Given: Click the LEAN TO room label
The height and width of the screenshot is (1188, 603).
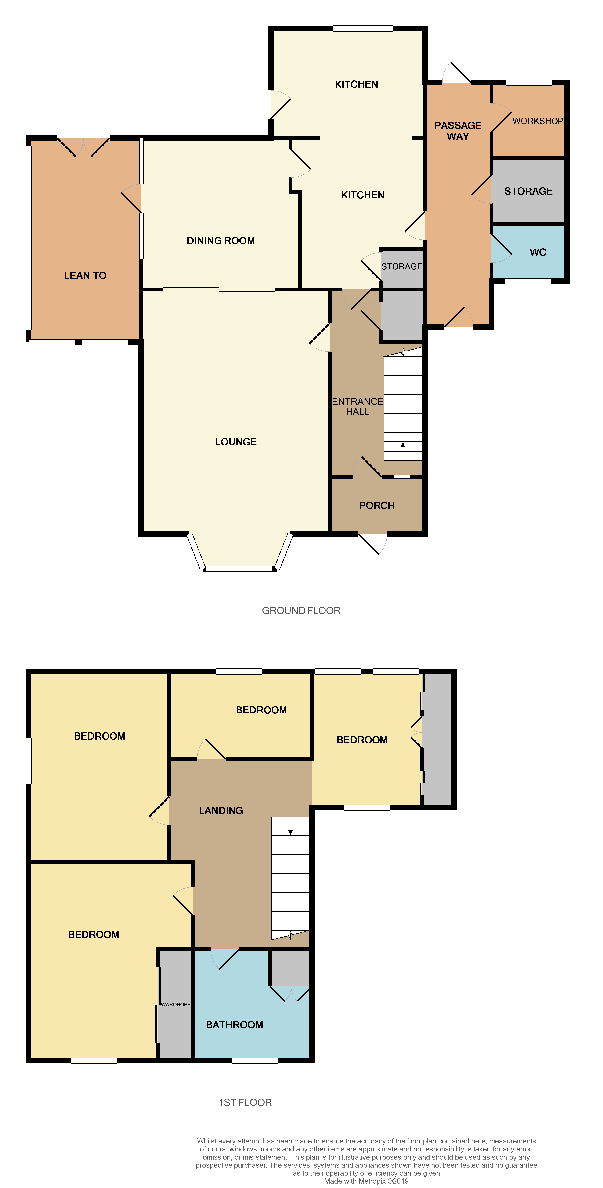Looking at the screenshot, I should (85, 275).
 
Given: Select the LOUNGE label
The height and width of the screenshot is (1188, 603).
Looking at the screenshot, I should (236, 442).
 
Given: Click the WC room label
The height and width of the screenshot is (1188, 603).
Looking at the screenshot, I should (538, 252).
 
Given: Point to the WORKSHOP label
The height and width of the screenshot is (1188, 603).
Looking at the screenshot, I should (538, 121).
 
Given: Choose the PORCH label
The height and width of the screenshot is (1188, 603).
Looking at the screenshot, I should (376, 505).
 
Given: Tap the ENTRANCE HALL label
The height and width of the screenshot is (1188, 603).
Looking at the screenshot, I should (358, 406).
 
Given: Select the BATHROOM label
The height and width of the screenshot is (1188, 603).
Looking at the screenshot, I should (234, 1025).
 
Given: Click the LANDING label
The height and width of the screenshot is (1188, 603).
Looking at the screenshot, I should (221, 810).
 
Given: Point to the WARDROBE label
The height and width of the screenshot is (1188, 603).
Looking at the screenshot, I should (175, 1004).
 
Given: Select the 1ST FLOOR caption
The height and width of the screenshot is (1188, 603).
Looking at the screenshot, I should (245, 1102).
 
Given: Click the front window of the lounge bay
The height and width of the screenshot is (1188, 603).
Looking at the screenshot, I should (238, 569).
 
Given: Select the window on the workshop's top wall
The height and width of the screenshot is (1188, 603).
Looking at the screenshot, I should (529, 83).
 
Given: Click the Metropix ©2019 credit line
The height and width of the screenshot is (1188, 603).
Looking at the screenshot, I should (366, 1181).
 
